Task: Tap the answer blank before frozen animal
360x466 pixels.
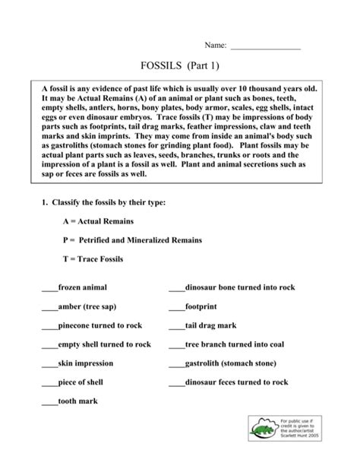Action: click(50, 289)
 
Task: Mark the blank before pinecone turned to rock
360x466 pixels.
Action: click(50, 326)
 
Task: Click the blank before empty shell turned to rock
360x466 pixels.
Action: click(50, 345)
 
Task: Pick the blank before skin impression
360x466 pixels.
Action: click(50, 364)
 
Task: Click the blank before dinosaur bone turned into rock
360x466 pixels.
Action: click(176, 289)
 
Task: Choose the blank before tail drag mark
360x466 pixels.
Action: click(176, 326)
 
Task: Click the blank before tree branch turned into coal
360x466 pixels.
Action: click(176, 345)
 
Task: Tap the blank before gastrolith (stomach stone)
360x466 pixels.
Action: click(176, 364)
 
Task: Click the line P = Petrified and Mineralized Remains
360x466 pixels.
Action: click(132, 239)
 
